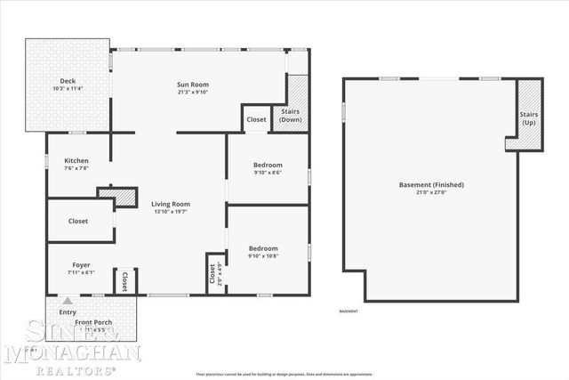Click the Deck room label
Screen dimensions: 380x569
coord(67,81)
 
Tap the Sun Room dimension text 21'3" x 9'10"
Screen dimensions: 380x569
coord(192,92)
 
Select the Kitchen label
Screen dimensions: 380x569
coord(76,161)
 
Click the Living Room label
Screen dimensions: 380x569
coord(170,204)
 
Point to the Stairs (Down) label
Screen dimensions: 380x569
coord(291,116)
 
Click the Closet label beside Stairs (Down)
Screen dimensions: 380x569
coord(256,119)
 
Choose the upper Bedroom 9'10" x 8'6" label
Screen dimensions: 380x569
coord(267,165)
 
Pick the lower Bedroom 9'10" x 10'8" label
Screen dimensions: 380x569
coord(263,248)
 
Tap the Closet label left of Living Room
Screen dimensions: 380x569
coord(77,221)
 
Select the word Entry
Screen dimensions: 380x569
coord(68,312)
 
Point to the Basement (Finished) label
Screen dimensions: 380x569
coord(431,184)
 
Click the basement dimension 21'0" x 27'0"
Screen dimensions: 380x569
coord(431,193)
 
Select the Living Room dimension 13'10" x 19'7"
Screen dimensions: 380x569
coord(170,212)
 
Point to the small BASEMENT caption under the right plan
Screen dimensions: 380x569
coord(349,311)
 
